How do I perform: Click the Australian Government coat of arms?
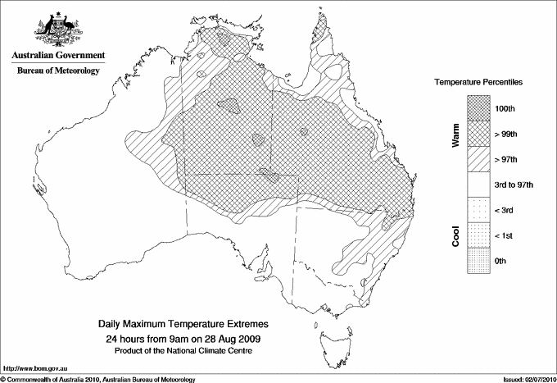point(57,28)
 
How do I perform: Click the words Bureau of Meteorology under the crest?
point(58,71)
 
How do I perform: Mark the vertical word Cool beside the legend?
point(456,235)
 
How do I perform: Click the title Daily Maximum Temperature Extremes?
point(183,325)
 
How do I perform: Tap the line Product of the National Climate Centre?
point(183,350)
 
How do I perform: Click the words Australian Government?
point(57,56)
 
